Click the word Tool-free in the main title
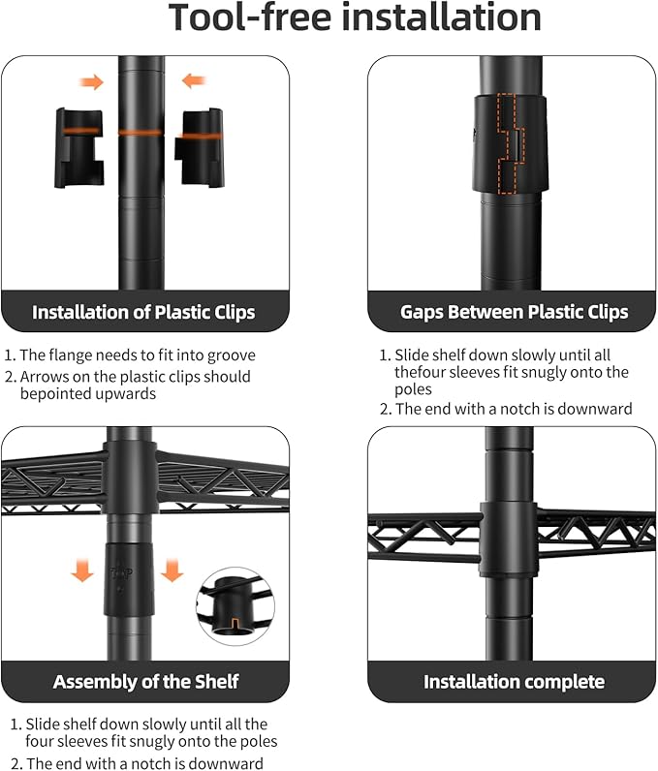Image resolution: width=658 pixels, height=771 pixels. (x=251, y=17)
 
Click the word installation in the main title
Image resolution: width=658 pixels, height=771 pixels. (x=441, y=17)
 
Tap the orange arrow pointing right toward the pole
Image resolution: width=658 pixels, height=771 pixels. (x=91, y=82)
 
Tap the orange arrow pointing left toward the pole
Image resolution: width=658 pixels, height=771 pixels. (x=194, y=80)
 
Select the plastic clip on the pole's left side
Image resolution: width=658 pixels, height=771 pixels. (x=79, y=148)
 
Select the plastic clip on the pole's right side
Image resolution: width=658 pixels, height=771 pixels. (x=200, y=147)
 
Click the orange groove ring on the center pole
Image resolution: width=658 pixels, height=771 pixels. (x=141, y=133)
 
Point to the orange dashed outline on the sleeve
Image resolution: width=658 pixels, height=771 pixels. (x=511, y=142)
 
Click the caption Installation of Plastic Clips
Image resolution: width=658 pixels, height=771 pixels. (x=143, y=312)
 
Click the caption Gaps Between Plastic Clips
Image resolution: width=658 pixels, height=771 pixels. (x=514, y=312)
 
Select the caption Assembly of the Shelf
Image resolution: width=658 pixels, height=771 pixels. (x=145, y=682)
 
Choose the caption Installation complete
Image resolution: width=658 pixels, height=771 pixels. (x=514, y=682)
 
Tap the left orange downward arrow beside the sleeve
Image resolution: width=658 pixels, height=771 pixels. (x=82, y=570)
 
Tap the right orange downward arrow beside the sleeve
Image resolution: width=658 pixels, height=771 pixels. (x=172, y=570)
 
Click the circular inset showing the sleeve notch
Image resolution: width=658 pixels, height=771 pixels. (x=235, y=605)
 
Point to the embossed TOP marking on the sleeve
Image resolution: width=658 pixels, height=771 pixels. (x=121, y=573)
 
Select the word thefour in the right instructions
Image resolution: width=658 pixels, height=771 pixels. (x=421, y=372)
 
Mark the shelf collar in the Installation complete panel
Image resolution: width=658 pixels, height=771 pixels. (x=509, y=539)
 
